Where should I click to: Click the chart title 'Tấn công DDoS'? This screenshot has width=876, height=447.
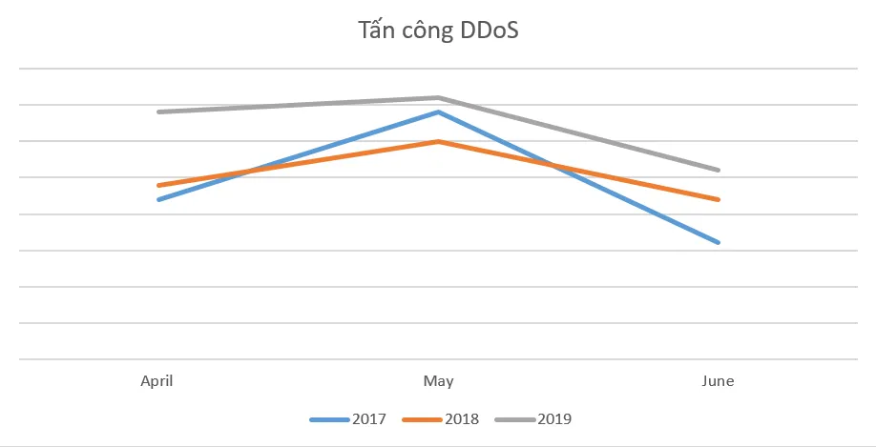point(438,31)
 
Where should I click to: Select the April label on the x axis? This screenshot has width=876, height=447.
point(157,381)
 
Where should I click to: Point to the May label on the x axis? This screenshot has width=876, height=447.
point(438,381)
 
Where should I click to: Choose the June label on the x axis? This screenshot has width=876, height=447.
point(718,381)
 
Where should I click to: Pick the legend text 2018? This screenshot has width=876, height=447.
point(462,418)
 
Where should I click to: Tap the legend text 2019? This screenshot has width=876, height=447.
point(554,418)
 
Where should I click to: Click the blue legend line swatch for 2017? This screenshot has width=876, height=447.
point(329,419)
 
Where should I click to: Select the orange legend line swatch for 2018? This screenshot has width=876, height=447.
point(422,419)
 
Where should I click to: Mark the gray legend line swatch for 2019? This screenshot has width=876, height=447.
point(515,419)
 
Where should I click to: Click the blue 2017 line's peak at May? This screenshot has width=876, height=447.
point(438,112)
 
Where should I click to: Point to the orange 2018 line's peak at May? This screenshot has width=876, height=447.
point(438,141)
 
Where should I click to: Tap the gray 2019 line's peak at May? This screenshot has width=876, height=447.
point(438,97)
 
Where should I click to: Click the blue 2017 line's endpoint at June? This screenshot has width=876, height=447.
point(718,242)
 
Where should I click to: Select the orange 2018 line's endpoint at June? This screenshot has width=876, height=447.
point(718,199)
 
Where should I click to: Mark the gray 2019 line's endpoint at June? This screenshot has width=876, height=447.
point(718,170)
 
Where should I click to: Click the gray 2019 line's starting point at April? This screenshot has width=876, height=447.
point(158,112)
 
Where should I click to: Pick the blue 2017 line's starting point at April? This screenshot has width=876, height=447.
point(158,199)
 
